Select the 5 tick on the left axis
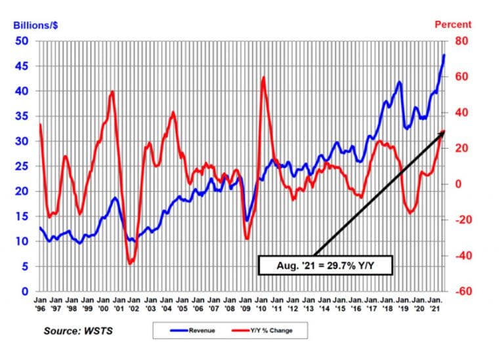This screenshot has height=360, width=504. point(26,266)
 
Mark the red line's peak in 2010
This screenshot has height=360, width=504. point(263,77)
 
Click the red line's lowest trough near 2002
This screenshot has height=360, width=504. point(130,263)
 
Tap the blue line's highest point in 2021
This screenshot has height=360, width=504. point(444,54)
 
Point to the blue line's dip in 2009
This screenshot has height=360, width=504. point(247,220)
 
